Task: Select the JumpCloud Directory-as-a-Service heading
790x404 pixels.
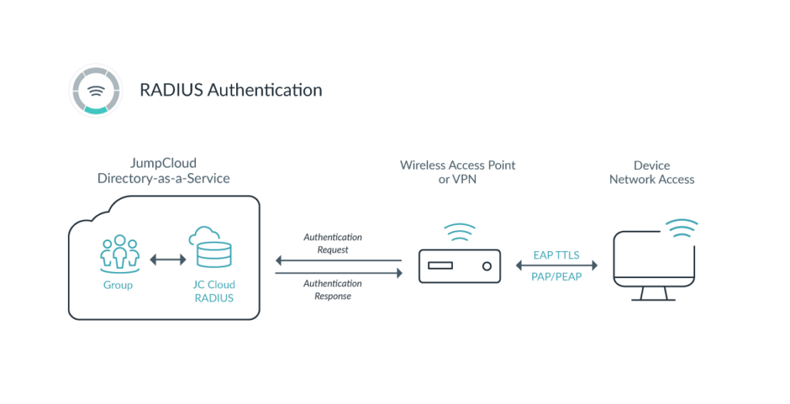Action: tap(164, 171)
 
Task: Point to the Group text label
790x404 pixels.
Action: tap(118, 285)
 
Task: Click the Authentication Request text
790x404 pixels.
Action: tap(333, 243)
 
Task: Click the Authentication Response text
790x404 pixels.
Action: tap(333, 290)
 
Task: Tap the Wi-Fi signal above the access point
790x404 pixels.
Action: tap(460, 232)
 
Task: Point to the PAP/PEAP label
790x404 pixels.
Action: tap(556, 277)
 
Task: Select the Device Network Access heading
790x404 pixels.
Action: tap(653, 172)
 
